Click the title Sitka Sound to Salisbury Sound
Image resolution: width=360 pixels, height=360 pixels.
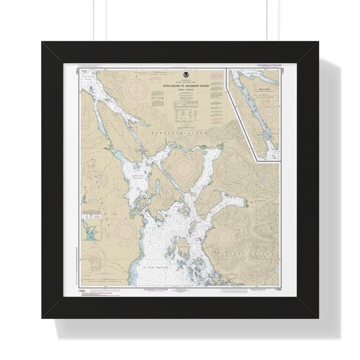coord(186,86)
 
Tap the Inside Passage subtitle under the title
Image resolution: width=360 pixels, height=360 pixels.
coord(186,90)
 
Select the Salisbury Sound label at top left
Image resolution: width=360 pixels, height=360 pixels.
coord(88,77)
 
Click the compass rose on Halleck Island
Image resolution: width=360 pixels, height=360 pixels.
coord(184,168)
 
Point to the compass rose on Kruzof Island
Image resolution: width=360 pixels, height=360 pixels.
coord(126,230)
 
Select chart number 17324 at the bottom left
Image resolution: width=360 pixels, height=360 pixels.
coord(82,291)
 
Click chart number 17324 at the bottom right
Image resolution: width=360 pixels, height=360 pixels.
coord(277,290)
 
